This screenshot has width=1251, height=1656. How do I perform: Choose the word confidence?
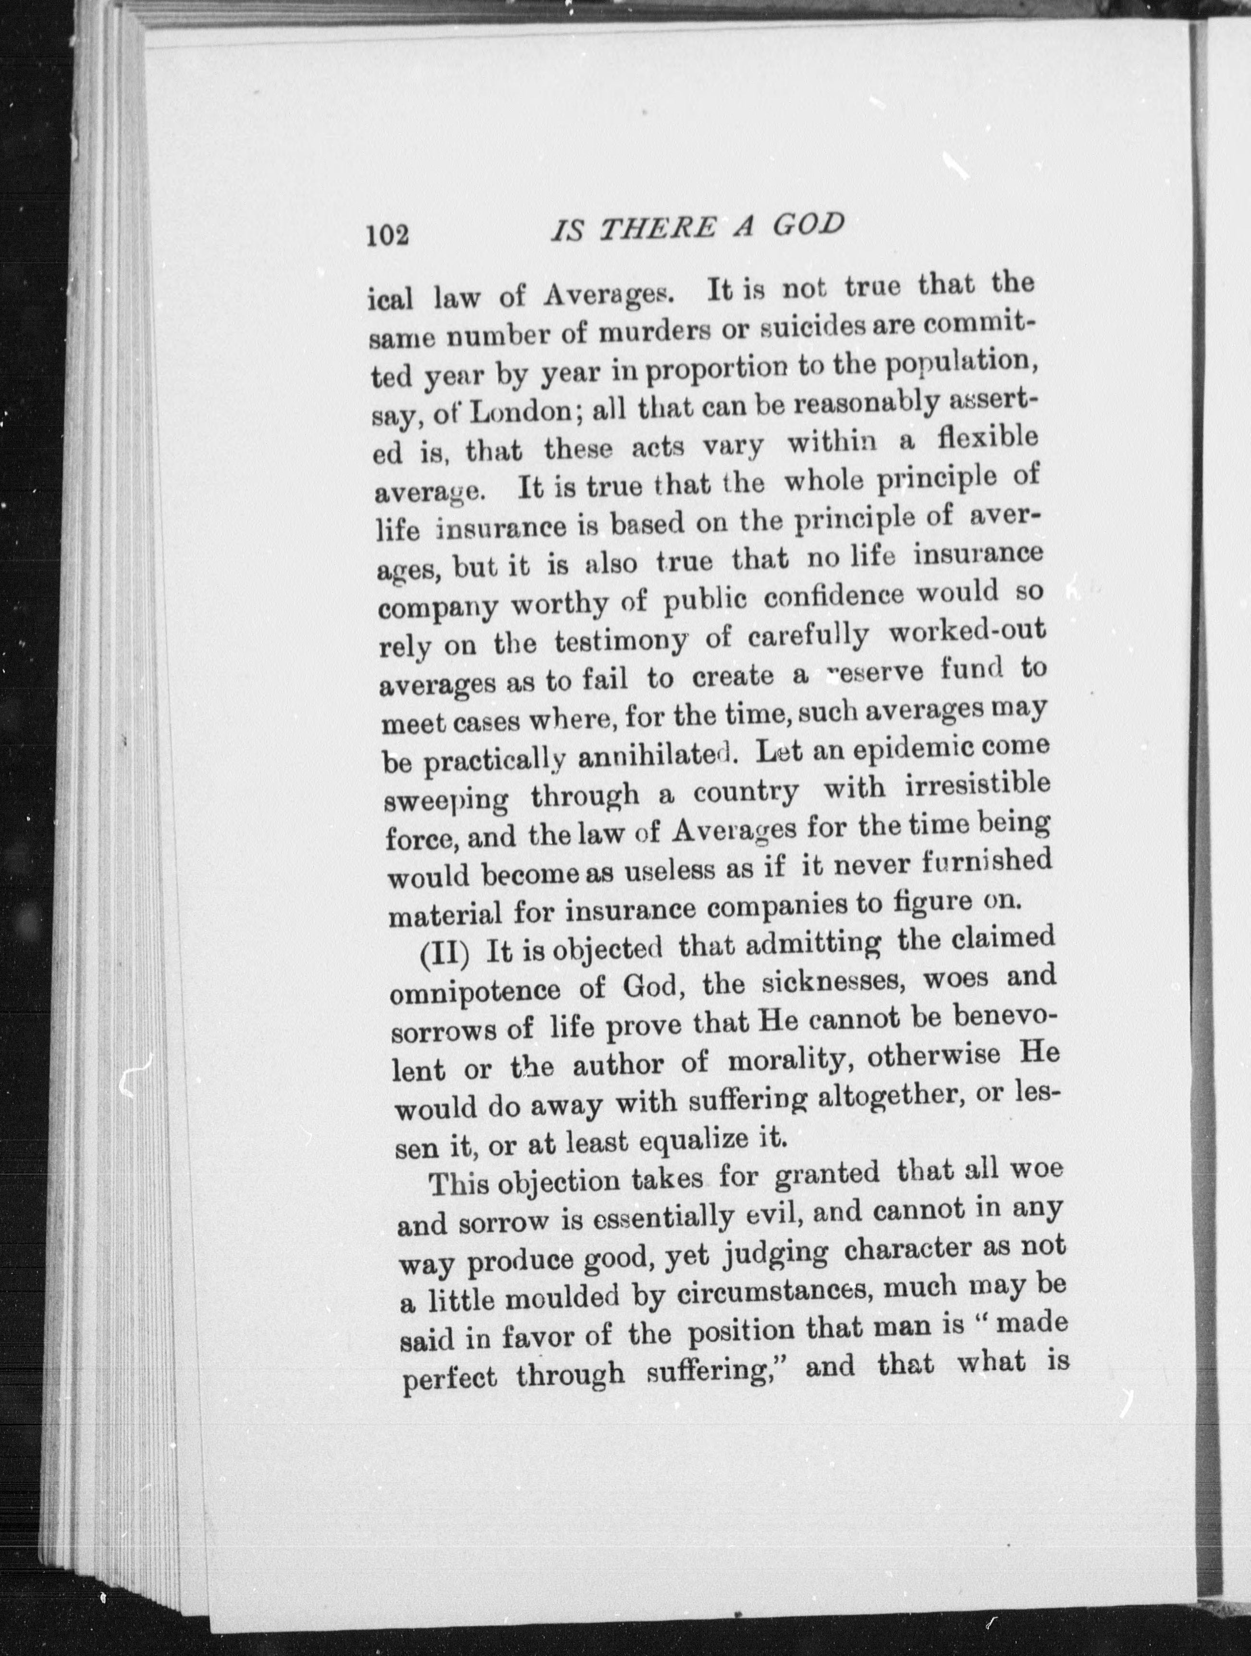(x=831, y=597)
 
